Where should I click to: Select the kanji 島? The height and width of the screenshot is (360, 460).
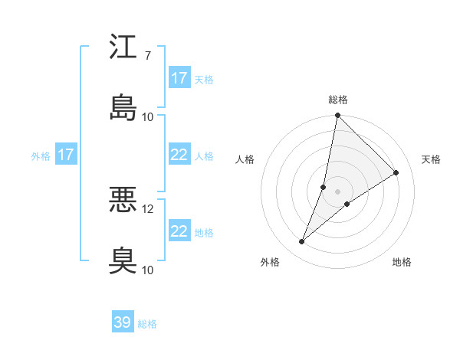(123, 107)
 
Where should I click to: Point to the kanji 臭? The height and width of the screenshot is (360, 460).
(123, 260)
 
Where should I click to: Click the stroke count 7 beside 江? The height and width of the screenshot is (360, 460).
(147, 56)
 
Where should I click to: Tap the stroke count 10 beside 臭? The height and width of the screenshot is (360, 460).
(148, 270)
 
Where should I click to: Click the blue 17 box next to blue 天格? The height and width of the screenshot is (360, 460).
(179, 78)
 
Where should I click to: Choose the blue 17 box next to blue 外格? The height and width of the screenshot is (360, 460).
(66, 155)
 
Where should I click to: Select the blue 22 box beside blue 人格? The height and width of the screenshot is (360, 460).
(179, 155)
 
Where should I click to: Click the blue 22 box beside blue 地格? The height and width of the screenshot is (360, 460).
(179, 231)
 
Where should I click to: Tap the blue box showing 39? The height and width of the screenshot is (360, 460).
(123, 322)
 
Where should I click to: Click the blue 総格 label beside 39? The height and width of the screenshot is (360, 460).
(147, 324)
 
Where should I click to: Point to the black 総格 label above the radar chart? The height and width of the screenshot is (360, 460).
(337, 100)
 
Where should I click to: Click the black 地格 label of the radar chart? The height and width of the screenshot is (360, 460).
(402, 263)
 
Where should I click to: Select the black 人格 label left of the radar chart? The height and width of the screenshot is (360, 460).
(245, 159)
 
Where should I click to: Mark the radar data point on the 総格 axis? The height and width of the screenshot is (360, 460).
(337, 116)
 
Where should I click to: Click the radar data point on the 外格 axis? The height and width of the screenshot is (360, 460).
(302, 242)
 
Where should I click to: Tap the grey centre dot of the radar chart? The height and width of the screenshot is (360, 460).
(337, 180)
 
